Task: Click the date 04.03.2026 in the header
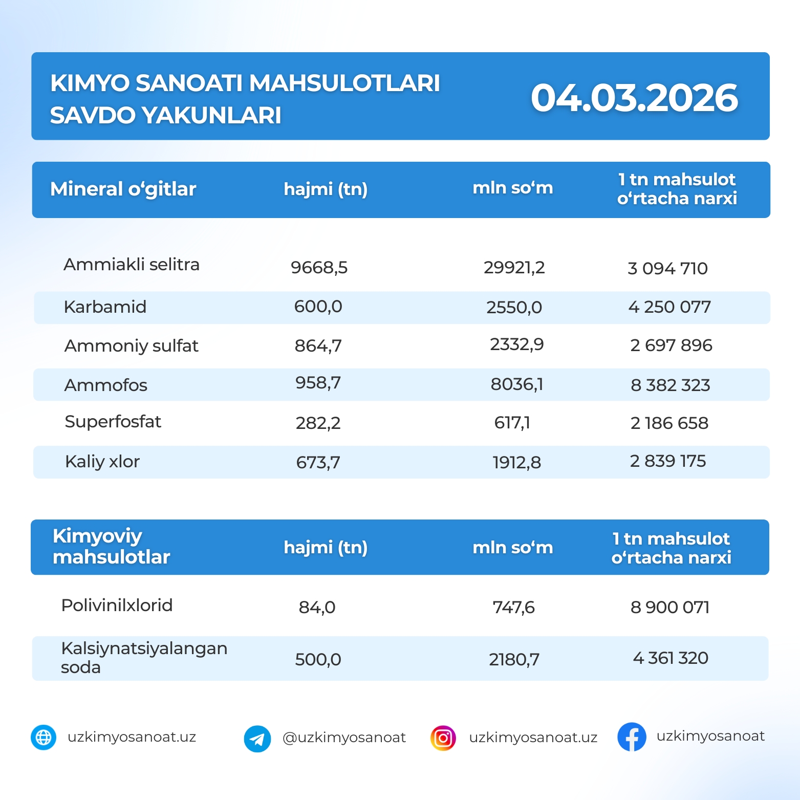(x=634, y=98)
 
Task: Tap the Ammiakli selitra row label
(x=132, y=265)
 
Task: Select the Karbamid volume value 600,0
(x=318, y=307)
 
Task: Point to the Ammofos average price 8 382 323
(x=670, y=385)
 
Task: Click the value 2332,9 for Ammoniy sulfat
(x=516, y=344)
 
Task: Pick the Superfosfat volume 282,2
(x=318, y=423)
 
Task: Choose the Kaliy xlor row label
(x=102, y=462)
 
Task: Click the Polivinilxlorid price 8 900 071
(x=669, y=607)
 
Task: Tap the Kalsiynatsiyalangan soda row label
(x=144, y=658)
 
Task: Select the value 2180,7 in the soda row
(x=514, y=659)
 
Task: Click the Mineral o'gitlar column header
(x=123, y=189)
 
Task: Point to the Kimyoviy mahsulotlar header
(x=111, y=547)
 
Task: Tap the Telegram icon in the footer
(x=257, y=739)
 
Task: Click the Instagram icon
(x=443, y=738)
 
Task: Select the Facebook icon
(x=632, y=737)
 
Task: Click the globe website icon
(x=44, y=738)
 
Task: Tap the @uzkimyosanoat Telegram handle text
(x=344, y=738)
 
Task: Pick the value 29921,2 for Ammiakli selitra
(x=514, y=267)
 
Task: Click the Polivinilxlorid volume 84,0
(x=317, y=607)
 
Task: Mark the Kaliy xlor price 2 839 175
(x=667, y=461)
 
